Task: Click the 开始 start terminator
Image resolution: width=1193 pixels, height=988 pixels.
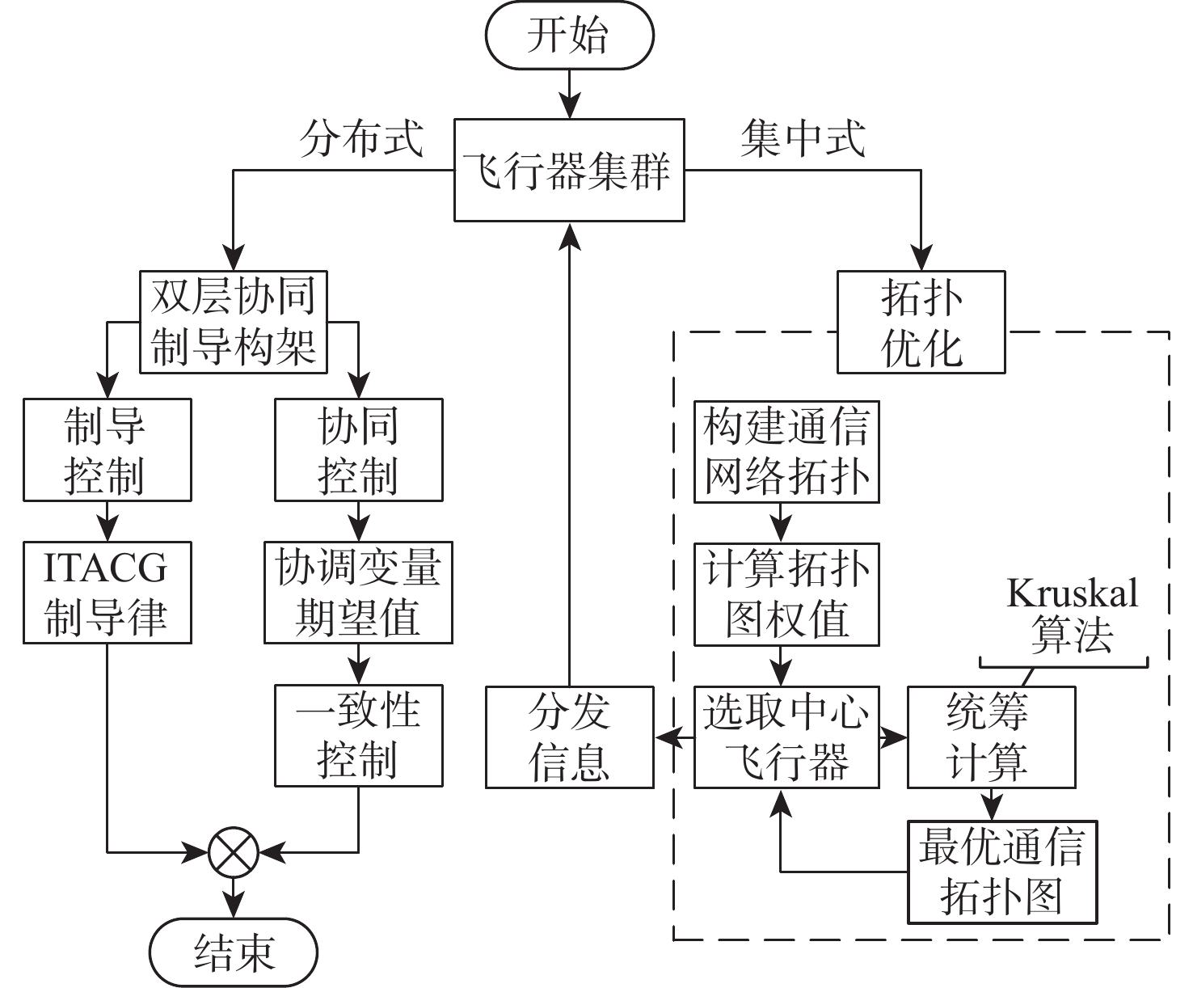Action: pyautogui.click(x=568, y=36)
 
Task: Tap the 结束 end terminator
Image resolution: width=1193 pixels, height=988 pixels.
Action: pyautogui.click(x=234, y=952)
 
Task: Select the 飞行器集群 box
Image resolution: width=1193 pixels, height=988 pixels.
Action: pyautogui.click(x=569, y=170)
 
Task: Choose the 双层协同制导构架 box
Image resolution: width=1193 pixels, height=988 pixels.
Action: pyautogui.click(x=233, y=322)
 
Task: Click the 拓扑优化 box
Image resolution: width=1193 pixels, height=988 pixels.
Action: pyautogui.click(x=921, y=322)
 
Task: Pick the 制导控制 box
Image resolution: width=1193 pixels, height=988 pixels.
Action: pyautogui.click(x=107, y=450)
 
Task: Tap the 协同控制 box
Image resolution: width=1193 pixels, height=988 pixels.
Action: pyautogui.click(x=358, y=450)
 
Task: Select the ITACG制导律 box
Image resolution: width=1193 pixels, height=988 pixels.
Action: pyautogui.click(x=107, y=593)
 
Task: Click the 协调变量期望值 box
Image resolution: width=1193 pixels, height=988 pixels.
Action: pyautogui.click(x=358, y=593)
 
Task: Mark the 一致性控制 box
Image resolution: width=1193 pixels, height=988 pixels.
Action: pyautogui.click(x=358, y=736)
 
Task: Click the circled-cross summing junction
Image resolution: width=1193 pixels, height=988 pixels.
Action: pyautogui.click(x=233, y=851)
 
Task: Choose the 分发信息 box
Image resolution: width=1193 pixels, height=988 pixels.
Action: pyautogui.click(x=569, y=737)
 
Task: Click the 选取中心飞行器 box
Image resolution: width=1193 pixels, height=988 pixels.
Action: pyautogui.click(x=786, y=737)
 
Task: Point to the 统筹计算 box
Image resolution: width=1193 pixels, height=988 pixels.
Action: pyautogui.click(x=991, y=737)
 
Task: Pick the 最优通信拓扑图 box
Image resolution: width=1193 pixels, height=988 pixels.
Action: pyautogui.click(x=1001, y=872)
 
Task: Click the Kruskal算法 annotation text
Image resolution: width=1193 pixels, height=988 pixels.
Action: pyautogui.click(x=1072, y=614)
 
